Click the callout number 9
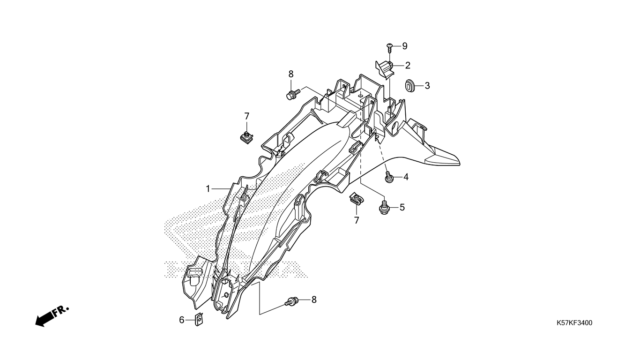tap(404, 46)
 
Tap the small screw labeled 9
tap(389, 46)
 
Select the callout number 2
tap(408, 65)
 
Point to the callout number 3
tap(427, 86)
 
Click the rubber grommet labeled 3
tap(410, 86)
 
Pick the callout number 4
tap(406, 177)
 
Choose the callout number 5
tap(402, 207)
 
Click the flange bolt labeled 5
tap(384, 207)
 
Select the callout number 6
tap(182, 320)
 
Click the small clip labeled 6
tap(199, 320)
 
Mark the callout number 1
tap(208, 188)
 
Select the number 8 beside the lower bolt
tap(314, 300)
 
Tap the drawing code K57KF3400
tap(574, 323)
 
